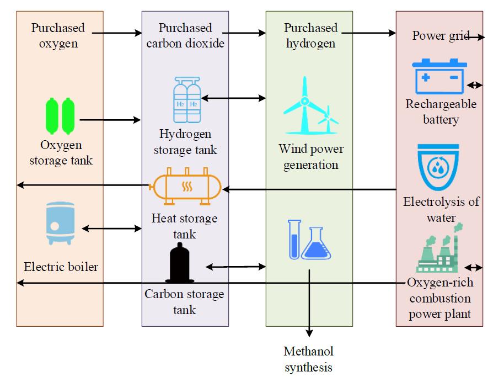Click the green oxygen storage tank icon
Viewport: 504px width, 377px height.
(60, 116)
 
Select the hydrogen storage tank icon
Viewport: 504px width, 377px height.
(187, 100)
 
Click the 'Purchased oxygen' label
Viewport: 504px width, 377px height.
(58, 35)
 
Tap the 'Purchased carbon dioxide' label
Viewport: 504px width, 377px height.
(185, 35)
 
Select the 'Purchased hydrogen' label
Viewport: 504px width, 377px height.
(310, 35)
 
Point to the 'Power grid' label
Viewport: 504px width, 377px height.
(439, 36)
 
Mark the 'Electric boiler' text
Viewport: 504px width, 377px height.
(61, 267)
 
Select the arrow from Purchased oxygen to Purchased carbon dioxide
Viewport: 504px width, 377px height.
(117, 34)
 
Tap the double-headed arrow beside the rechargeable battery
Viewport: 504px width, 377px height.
(474, 85)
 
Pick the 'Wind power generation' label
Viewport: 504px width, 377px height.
(311, 157)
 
